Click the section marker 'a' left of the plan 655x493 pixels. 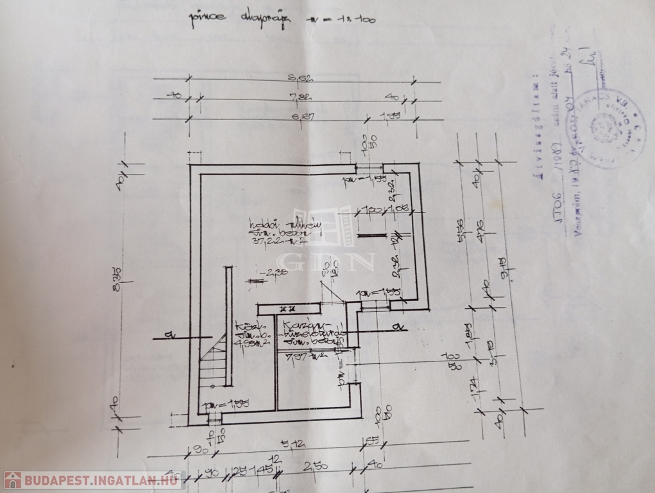(x=167, y=334)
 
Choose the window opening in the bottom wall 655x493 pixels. (x=214, y=420)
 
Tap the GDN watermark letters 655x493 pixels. (x=327, y=261)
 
